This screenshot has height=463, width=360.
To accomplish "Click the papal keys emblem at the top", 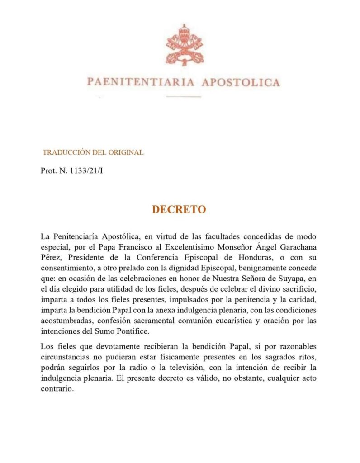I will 184,45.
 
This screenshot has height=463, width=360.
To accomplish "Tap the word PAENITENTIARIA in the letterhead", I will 141,83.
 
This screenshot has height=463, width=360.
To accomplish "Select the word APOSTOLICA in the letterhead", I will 240,83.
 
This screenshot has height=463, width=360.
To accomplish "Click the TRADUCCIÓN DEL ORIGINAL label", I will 93,152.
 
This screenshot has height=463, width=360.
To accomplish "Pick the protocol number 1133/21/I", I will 84,171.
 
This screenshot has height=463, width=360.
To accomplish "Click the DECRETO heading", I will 179,210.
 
